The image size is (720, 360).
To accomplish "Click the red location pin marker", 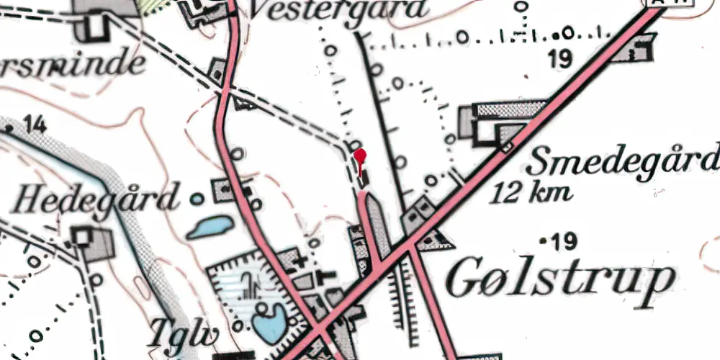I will [360, 156].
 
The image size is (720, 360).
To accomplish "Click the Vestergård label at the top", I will [338, 11].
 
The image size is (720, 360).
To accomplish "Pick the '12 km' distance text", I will [533, 192].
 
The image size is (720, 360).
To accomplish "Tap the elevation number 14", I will [35, 127].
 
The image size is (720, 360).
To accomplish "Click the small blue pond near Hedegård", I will [210, 228].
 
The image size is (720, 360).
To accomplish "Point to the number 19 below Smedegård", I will [566, 240].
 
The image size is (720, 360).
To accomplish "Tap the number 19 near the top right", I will [562, 59].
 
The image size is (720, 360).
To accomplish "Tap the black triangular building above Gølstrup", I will [433, 240].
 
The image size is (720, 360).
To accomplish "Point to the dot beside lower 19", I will [543, 238].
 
